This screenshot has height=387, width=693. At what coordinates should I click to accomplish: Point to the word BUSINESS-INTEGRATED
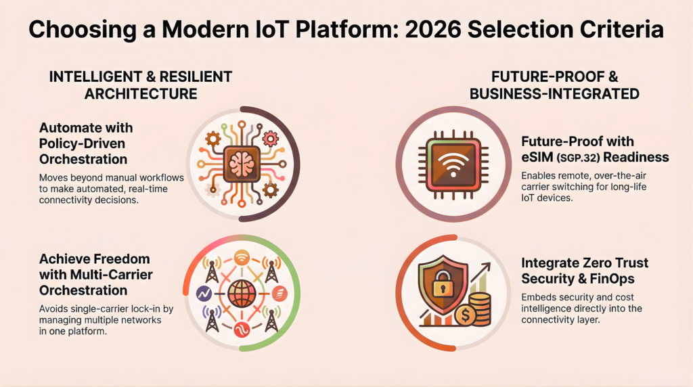click(x=556, y=94)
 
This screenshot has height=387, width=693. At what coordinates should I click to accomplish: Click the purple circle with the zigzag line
click(x=202, y=294)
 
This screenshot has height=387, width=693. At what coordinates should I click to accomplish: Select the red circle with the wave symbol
click(x=242, y=331)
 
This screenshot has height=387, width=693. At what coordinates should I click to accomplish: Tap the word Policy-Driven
click(x=83, y=143)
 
